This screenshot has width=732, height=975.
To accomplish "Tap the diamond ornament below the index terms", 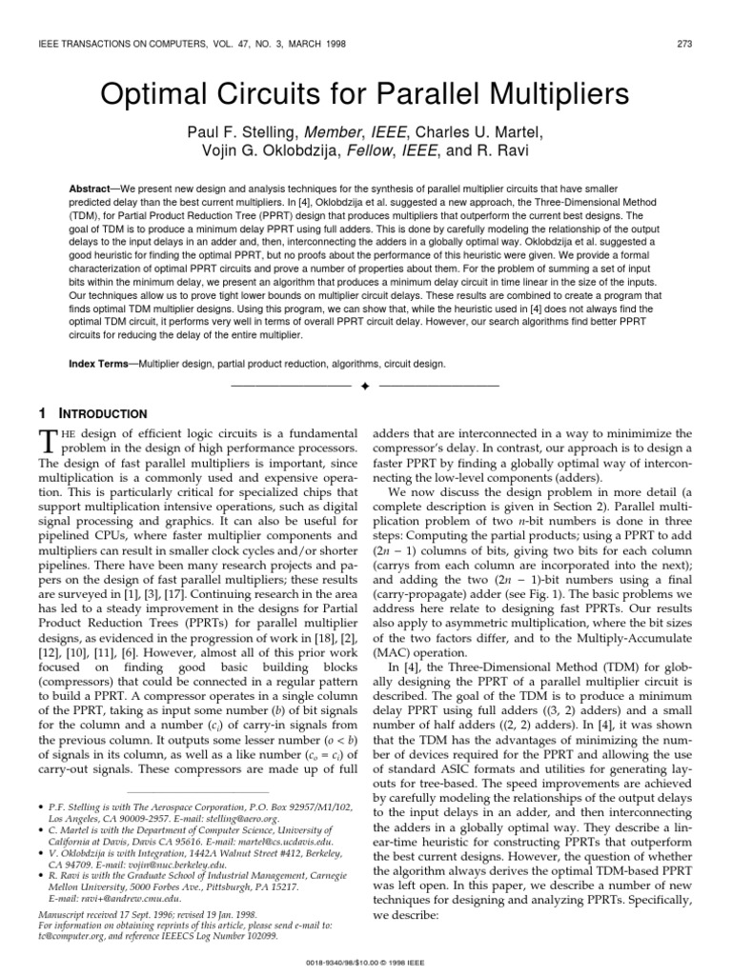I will coord(365,386).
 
